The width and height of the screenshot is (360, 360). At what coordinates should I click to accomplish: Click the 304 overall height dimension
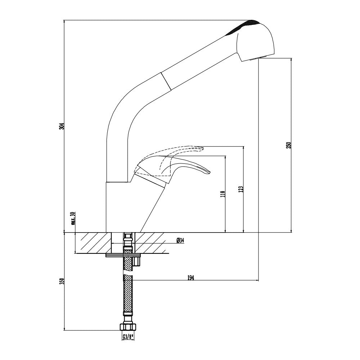click(62, 126)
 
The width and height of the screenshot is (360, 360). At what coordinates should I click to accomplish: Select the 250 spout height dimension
click(288, 145)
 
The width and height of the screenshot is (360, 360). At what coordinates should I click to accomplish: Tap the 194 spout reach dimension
click(191, 278)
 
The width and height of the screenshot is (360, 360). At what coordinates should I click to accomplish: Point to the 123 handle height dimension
click(241, 189)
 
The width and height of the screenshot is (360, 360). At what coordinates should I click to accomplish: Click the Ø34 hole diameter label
click(180, 240)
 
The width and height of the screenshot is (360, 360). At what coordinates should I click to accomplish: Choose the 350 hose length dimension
click(62, 281)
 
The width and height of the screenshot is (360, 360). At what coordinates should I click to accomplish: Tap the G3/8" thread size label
click(128, 337)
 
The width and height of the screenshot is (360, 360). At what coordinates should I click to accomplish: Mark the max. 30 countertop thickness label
click(73, 219)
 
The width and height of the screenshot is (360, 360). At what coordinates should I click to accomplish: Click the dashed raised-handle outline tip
click(202, 148)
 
